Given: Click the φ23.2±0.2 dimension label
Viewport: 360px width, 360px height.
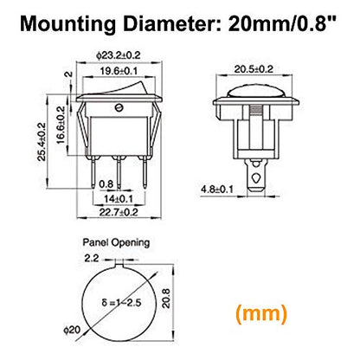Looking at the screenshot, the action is pyautogui.click(x=119, y=55).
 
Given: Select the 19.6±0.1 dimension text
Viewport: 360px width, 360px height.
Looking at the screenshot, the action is pyautogui.click(x=119, y=71).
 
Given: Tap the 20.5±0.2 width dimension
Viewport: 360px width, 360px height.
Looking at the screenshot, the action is pyautogui.click(x=254, y=69).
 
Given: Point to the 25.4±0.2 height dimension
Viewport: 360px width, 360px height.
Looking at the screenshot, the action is pyautogui.click(x=42, y=141).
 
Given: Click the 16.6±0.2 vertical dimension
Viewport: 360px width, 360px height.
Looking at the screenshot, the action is pyautogui.click(x=61, y=125).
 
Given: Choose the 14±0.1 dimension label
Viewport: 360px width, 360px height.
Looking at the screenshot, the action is pyautogui.click(x=119, y=198).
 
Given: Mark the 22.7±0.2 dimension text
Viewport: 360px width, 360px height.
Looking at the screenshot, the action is pyautogui.click(x=119, y=212).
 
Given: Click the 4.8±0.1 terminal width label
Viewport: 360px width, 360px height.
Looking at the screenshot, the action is pyautogui.click(x=217, y=190).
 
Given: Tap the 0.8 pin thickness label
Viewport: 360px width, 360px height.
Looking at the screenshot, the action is pyautogui.click(x=106, y=183).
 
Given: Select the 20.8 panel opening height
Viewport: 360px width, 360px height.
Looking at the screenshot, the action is pyautogui.click(x=166, y=299).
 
